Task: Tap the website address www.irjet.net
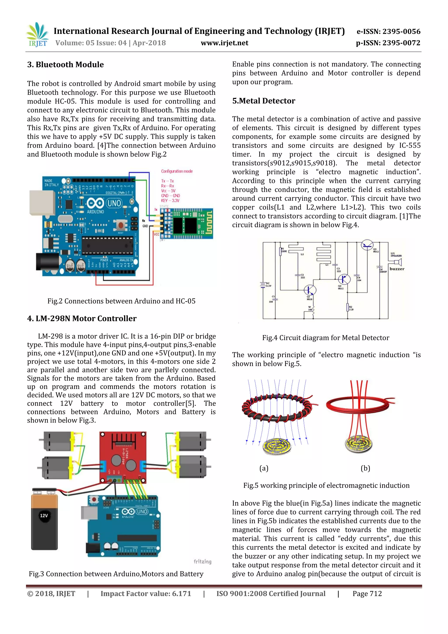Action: tap(224, 43)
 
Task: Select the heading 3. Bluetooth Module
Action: tap(65, 65)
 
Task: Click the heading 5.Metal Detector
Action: tap(263, 101)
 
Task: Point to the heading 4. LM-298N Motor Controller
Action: tap(82, 318)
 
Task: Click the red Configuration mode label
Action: tap(177, 171)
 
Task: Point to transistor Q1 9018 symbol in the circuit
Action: tap(310, 290)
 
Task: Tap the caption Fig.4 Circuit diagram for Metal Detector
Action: tap(325, 338)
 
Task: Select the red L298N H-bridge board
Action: tap(123, 457)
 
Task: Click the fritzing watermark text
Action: tap(202, 561)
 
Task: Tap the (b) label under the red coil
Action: tap(365, 468)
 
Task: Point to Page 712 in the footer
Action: tap(367, 594)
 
